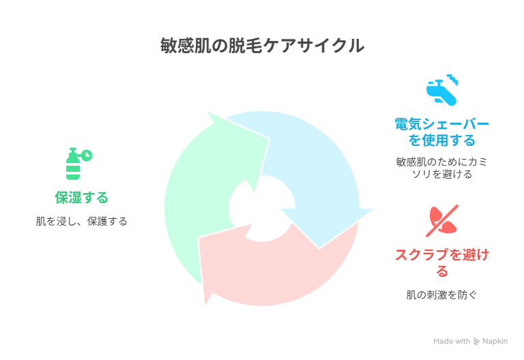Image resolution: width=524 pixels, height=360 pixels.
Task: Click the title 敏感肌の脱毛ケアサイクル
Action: tap(262, 46)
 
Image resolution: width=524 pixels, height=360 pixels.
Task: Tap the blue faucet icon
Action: tap(441, 90)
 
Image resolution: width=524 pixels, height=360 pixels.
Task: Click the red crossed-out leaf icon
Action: tap(442, 221)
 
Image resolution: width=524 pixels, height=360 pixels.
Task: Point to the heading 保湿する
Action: tap(82, 197)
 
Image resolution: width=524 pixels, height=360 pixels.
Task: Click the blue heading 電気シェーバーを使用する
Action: tap(442, 132)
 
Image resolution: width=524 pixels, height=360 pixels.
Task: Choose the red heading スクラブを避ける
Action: tap(442, 262)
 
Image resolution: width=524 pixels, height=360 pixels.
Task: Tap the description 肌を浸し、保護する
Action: tap(82, 221)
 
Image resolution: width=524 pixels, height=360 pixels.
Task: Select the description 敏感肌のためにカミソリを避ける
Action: tap(442, 168)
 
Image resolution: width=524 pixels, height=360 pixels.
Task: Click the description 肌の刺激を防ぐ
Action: tap(442, 295)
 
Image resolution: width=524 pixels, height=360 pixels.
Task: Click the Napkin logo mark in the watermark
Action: tap(476, 342)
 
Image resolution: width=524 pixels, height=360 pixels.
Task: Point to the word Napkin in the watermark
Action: tap(495, 342)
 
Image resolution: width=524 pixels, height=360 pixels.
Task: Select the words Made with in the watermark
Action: tap(452, 342)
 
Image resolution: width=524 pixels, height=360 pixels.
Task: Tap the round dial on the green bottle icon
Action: tap(87, 155)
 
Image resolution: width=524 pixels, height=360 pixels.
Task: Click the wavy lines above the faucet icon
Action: tap(452, 79)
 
